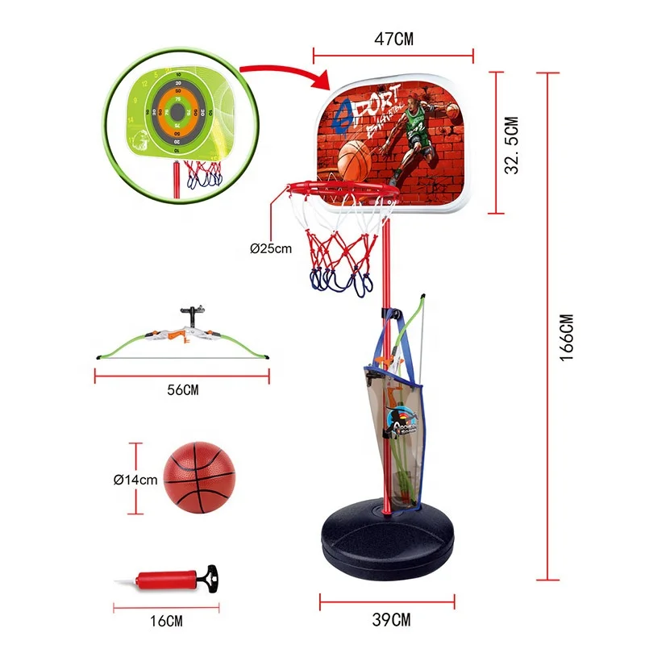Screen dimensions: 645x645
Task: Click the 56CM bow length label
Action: (x=183, y=390)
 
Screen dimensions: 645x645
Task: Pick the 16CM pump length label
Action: (x=166, y=620)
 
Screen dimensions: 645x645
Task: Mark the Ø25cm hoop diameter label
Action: (x=270, y=248)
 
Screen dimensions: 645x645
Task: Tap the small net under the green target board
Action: (x=202, y=173)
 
